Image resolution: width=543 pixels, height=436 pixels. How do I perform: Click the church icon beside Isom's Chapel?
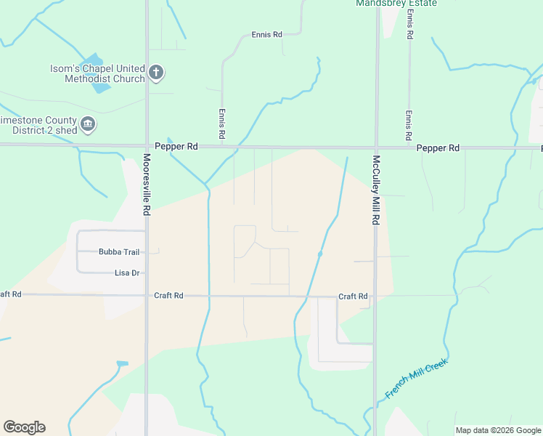(x=155, y=73)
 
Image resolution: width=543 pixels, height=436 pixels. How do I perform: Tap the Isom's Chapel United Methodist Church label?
(x=97, y=73)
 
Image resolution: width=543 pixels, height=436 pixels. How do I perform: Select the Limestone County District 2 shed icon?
(x=88, y=125)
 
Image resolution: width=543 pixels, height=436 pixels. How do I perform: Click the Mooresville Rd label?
(x=147, y=185)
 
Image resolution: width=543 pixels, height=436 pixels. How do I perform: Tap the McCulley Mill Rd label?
(x=376, y=189)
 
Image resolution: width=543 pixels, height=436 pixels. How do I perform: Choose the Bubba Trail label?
(x=118, y=252)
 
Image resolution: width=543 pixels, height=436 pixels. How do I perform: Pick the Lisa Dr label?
(x=126, y=273)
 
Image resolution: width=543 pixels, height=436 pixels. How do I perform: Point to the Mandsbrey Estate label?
(x=396, y=4)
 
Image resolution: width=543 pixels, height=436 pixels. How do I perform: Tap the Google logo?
(x=24, y=427)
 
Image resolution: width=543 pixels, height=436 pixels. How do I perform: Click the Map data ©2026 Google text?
(x=498, y=430)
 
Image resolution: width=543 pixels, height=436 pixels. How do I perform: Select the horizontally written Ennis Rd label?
(x=266, y=34)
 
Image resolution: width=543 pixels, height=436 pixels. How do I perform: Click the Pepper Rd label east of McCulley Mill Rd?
(x=438, y=148)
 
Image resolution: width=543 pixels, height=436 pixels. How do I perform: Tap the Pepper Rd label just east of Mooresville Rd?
(x=181, y=146)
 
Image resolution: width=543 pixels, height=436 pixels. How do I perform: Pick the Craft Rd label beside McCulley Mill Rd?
(x=353, y=296)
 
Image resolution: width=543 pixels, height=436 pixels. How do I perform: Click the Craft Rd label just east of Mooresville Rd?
(x=168, y=296)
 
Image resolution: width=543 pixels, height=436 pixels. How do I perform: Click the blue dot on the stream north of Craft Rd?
(x=320, y=254)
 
